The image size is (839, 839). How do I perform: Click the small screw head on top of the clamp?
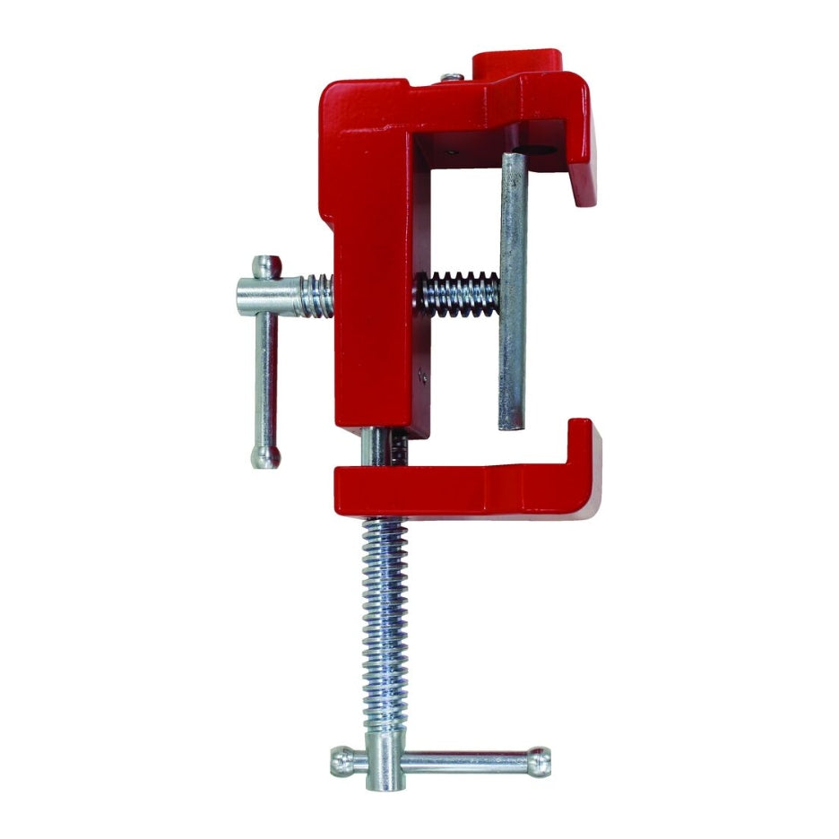[x=453, y=78]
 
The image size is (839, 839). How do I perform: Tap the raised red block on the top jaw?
[x=517, y=64]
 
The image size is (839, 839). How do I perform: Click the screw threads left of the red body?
[x=316, y=295]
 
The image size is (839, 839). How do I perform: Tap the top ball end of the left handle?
[x=266, y=266]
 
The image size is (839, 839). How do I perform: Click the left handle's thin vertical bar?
[x=265, y=376]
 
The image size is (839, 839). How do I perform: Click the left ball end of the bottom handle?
[x=342, y=762]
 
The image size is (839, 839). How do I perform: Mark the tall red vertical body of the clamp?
[x=372, y=269]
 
